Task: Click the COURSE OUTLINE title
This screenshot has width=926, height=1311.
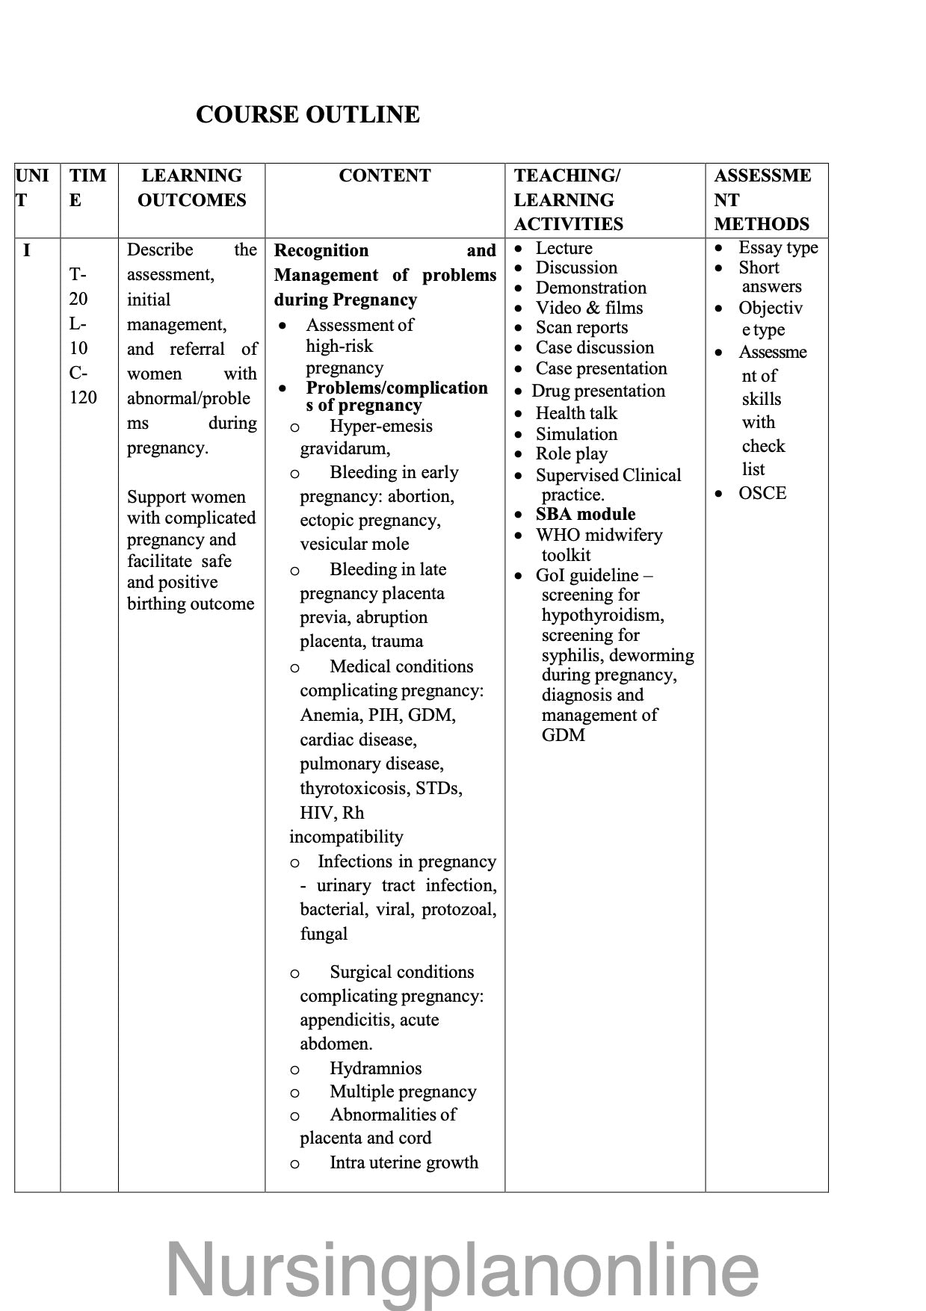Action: click(x=307, y=114)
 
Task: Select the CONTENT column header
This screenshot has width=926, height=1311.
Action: click(x=384, y=176)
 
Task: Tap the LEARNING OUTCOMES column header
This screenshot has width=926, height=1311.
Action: click(x=191, y=187)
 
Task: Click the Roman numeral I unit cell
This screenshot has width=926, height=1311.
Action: click(x=27, y=250)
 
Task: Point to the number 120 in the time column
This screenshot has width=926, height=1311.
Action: click(x=83, y=397)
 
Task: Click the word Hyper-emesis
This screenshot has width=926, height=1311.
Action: click(x=380, y=426)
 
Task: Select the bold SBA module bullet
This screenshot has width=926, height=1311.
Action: click(x=585, y=514)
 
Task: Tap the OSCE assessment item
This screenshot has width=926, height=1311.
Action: click(x=762, y=493)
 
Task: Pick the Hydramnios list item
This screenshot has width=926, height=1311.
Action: click(x=375, y=1068)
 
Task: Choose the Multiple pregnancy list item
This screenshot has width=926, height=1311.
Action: click(x=403, y=1091)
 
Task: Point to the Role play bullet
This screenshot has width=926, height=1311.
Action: click(x=571, y=453)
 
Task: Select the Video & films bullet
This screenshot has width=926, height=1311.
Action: click(x=589, y=308)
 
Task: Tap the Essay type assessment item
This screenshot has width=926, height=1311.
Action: click(x=778, y=247)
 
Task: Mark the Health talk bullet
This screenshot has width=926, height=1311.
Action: click(x=576, y=413)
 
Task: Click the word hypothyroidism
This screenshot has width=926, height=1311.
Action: click(x=602, y=615)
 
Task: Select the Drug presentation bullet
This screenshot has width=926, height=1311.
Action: click(x=598, y=391)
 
